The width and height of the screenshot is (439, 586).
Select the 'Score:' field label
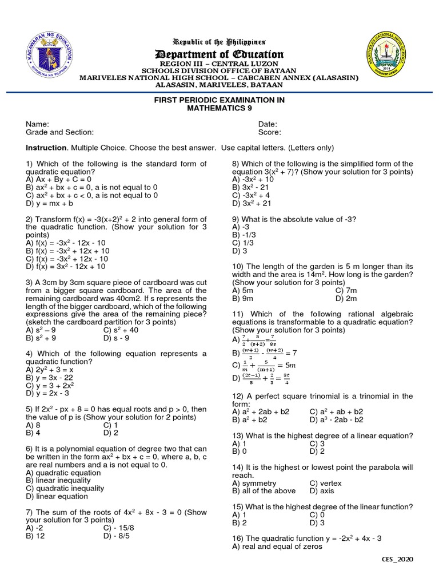[270, 132]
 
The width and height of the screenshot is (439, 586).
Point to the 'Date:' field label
[268, 124]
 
